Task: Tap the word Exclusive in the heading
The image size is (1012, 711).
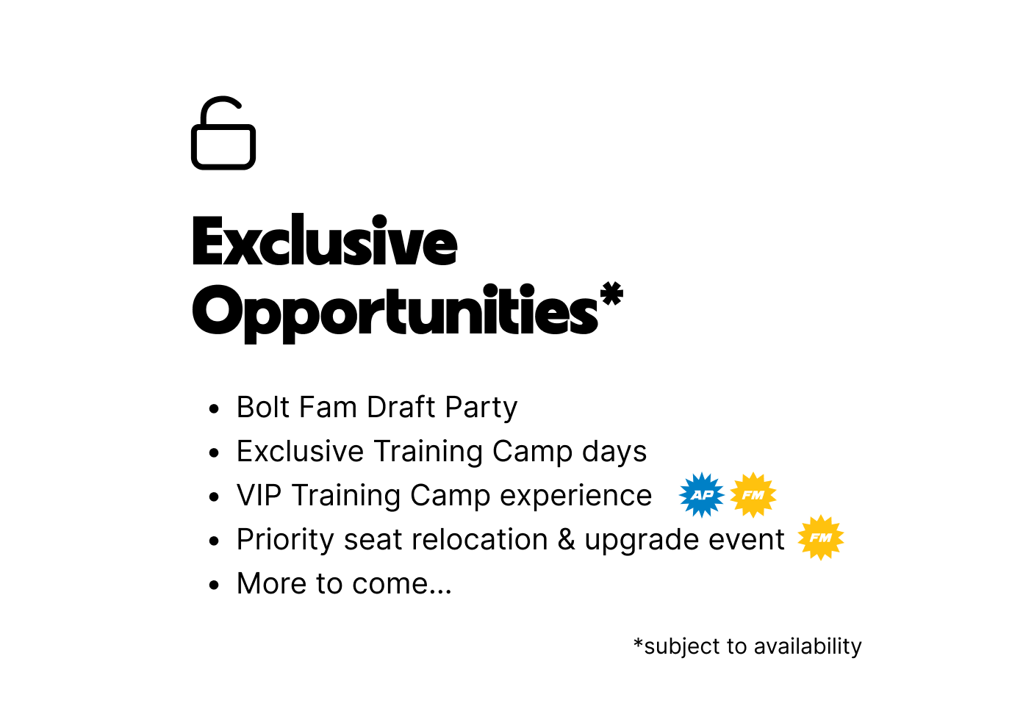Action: coord(324,242)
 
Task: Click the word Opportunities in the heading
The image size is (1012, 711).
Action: coord(395,311)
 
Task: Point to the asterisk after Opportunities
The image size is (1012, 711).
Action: coord(611,294)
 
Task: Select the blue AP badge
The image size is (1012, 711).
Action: coord(701,495)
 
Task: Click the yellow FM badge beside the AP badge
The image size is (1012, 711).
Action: coord(753,495)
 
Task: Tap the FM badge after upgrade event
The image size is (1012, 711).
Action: coord(821,538)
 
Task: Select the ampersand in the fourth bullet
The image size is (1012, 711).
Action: coord(567,540)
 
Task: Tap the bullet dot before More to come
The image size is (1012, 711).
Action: coord(214,585)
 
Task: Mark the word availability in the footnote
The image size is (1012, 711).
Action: coord(807,646)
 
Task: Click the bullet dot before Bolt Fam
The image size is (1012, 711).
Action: coord(214,409)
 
